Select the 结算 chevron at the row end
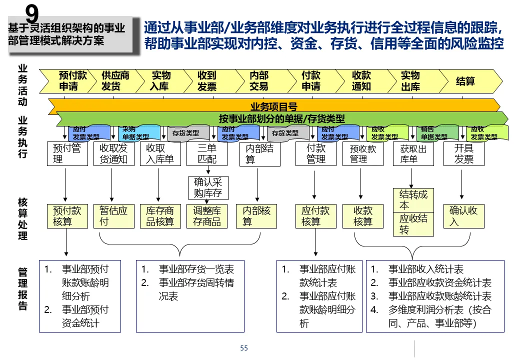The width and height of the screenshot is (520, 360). (x=465, y=81)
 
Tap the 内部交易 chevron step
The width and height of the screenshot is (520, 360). (x=259, y=80)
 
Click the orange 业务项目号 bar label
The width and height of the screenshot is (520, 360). (x=274, y=106)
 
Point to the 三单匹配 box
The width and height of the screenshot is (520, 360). (x=207, y=153)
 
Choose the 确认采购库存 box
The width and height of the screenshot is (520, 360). (x=207, y=187)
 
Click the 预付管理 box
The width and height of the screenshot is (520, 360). (x=66, y=153)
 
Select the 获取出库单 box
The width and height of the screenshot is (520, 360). (x=413, y=153)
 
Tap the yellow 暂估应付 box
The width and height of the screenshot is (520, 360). (x=113, y=216)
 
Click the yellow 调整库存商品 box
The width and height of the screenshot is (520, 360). (x=207, y=216)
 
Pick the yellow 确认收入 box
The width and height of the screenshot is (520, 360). (x=463, y=216)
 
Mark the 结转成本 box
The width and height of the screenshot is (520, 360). (x=413, y=199)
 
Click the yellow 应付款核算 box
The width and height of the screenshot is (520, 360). (x=315, y=216)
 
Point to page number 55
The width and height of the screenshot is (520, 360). (x=244, y=348)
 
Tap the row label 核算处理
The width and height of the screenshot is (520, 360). (x=22, y=218)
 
